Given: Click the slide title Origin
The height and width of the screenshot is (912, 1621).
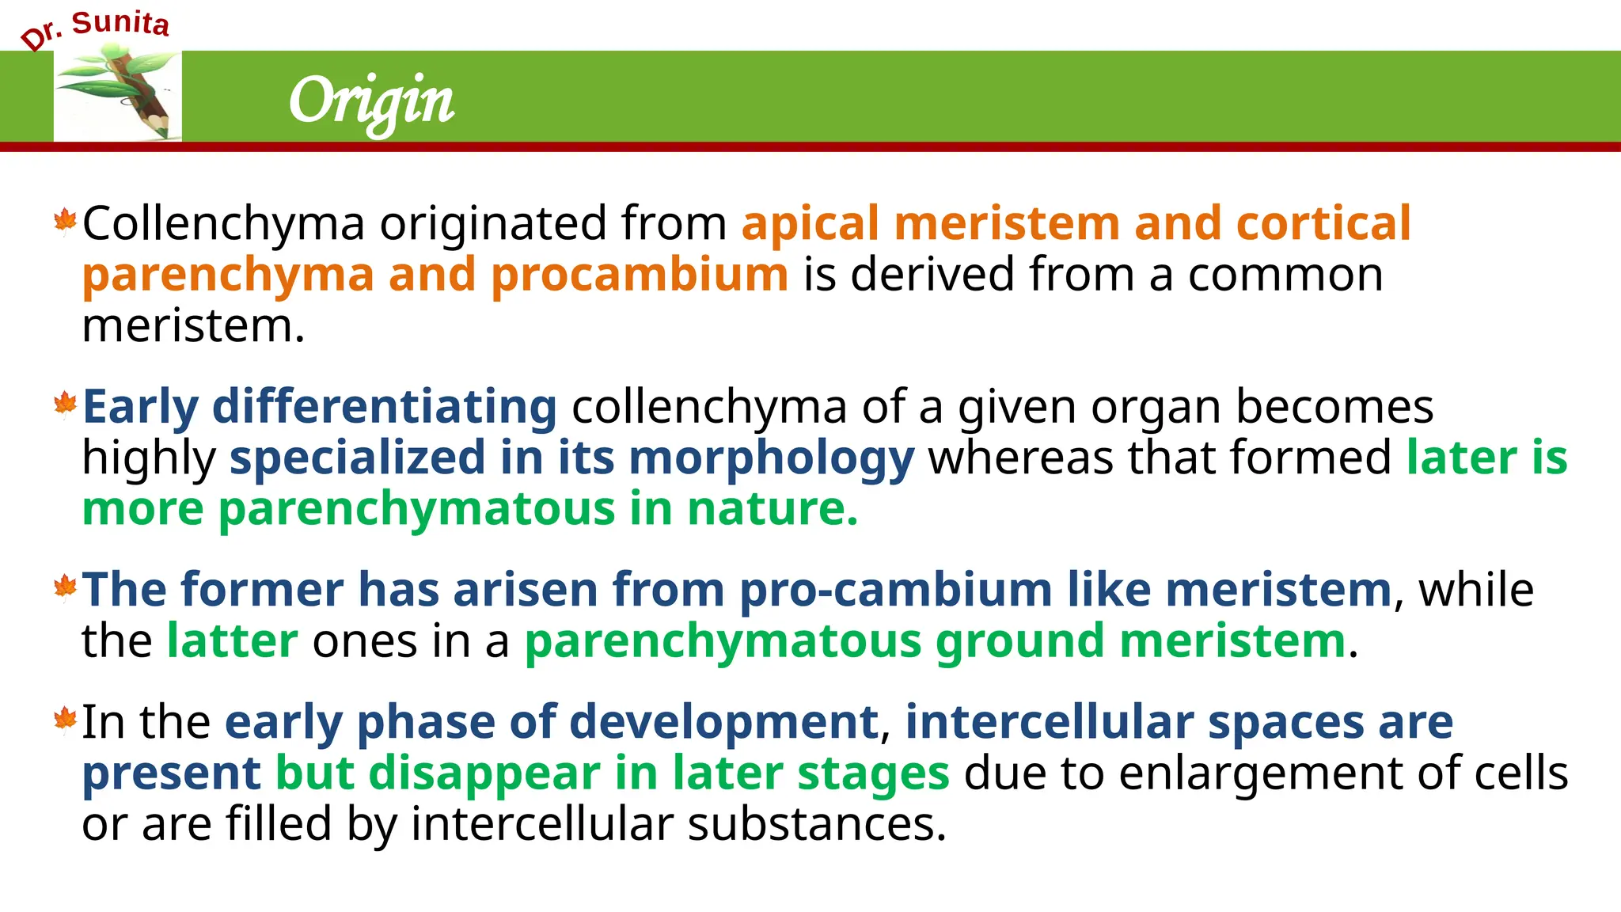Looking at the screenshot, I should [371, 101].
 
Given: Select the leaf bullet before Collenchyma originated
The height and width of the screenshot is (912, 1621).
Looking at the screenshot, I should [65, 221].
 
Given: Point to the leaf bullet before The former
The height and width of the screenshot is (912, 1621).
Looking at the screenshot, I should [65, 587].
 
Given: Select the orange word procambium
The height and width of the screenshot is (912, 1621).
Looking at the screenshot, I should [639, 275].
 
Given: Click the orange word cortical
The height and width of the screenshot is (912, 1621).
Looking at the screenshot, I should [1323, 223].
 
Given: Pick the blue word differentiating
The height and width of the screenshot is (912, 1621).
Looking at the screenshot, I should [385, 407].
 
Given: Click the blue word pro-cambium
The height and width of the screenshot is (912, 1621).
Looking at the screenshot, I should [895, 591].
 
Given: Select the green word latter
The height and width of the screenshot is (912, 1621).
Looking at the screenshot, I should [232, 641].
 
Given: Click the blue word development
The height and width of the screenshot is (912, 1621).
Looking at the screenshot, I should [723, 723].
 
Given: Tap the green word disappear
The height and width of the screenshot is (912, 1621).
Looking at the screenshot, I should [484, 773].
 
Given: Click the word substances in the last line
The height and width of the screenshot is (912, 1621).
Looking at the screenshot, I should [816, 824].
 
